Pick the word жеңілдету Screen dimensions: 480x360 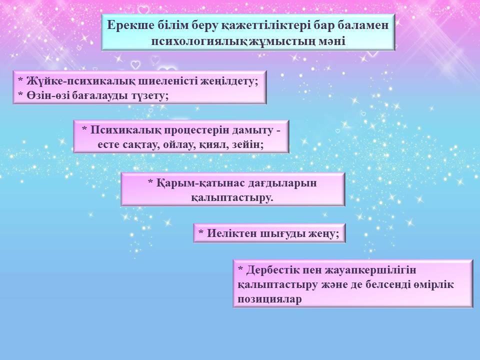point(229,81)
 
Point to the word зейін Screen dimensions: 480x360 point(247,144)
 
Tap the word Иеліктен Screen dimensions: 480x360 point(231,233)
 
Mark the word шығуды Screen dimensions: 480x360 point(282,234)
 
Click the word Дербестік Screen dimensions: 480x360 point(273,270)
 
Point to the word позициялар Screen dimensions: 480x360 point(269,299)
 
